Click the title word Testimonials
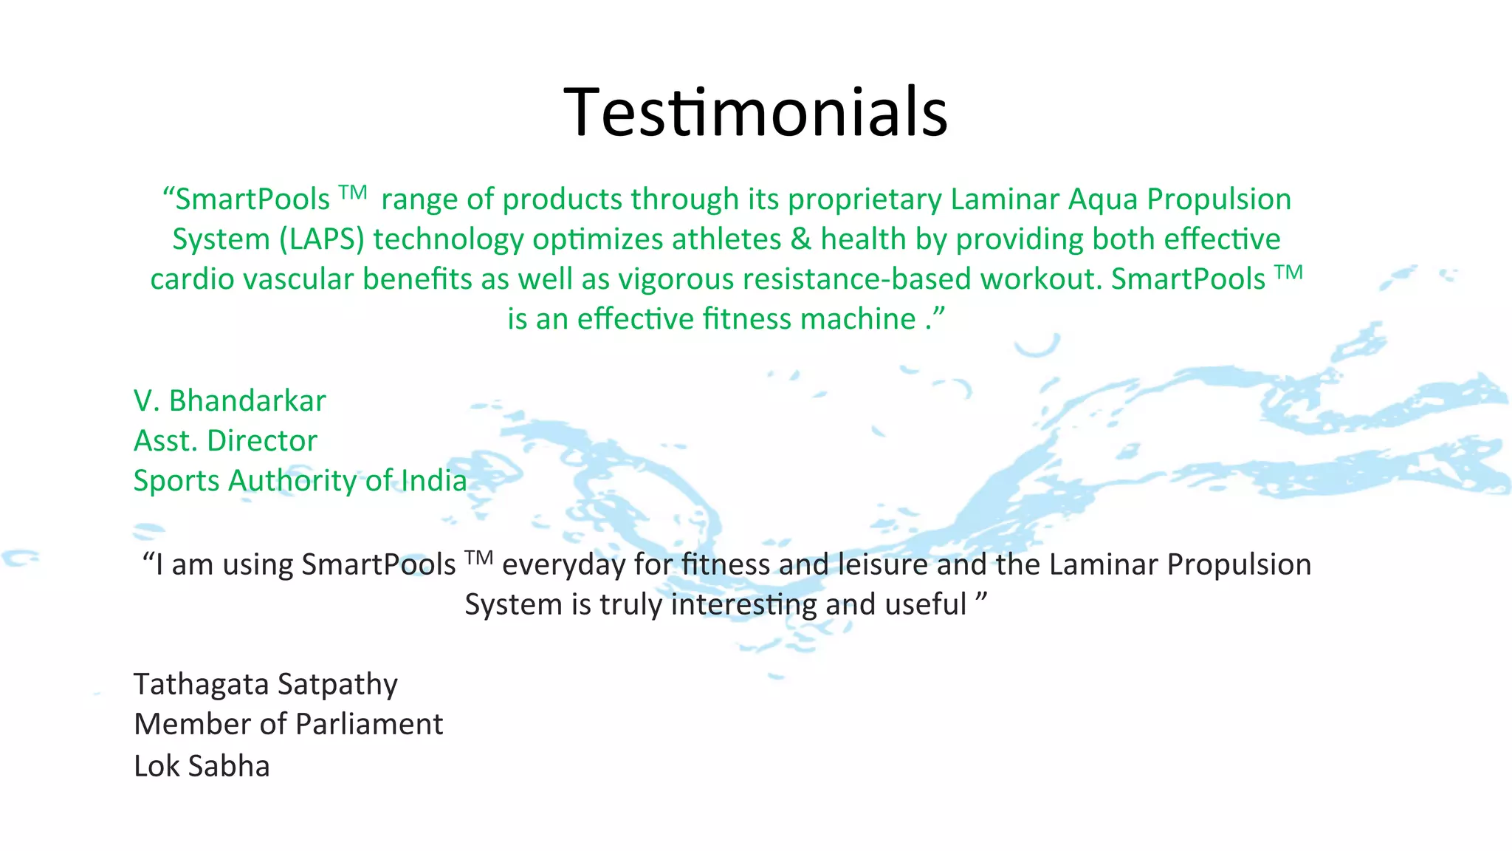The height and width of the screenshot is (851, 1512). pos(755,112)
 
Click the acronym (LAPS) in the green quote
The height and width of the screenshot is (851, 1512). pos(322,239)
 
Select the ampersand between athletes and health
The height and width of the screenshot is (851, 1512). pos(800,239)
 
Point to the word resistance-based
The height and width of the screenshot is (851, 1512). pos(857,279)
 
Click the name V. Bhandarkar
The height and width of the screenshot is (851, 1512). pos(230,401)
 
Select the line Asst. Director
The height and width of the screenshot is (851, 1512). pos(225,441)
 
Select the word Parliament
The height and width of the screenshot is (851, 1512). pos(369,725)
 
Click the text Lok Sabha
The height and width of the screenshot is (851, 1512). pos(202,766)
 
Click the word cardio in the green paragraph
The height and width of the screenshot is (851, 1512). pos(192,279)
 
